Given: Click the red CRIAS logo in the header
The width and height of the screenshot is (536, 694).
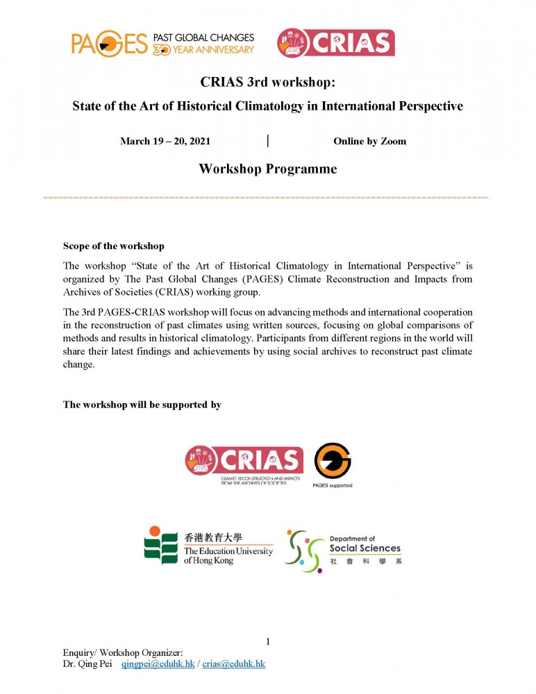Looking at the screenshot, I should pyautogui.click(x=335, y=42).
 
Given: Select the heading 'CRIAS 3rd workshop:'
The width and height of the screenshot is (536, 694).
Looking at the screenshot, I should pyautogui.click(x=267, y=83).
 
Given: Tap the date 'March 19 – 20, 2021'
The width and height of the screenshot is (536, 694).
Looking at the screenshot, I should pyautogui.click(x=165, y=141).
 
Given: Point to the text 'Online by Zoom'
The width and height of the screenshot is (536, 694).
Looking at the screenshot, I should pyautogui.click(x=369, y=141).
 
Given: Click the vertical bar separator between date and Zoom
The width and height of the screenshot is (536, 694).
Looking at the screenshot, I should pyautogui.click(x=268, y=141).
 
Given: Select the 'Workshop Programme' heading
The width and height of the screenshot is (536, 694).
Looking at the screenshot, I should pyautogui.click(x=267, y=169).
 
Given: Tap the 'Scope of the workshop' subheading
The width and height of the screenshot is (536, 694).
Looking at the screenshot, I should pyautogui.click(x=114, y=246).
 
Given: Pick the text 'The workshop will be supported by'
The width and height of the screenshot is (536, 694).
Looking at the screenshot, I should pyautogui.click(x=142, y=405).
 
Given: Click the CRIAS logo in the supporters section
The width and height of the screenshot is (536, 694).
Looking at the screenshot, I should pyautogui.click(x=244, y=461).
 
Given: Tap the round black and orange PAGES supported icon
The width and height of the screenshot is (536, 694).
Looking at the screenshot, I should pyautogui.click(x=333, y=461).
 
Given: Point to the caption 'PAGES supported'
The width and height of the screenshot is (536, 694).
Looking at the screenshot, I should pyautogui.click(x=333, y=485).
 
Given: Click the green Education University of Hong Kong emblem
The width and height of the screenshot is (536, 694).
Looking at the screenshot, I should pyautogui.click(x=161, y=545).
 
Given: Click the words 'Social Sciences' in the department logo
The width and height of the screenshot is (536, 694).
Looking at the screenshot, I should pyautogui.click(x=365, y=548).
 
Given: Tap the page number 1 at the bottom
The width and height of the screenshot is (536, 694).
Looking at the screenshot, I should pyautogui.click(x=268, y=640).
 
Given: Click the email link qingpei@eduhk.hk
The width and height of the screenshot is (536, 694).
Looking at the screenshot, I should pyautogui.click(x=158, y=664).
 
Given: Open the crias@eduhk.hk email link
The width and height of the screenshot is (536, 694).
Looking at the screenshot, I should pyautogui.click(x=234, y=664).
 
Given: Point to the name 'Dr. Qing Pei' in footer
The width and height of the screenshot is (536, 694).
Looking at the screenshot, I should pyautogui.click(x=87, y=664).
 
